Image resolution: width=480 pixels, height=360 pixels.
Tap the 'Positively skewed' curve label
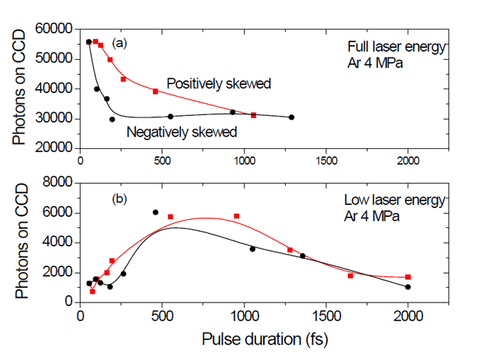click(x=218, y=83)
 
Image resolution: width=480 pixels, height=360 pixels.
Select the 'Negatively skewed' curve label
click(x=182, y=133)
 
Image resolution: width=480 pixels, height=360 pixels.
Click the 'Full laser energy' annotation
click(x=397, y=46)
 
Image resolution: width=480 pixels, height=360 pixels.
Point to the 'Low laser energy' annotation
click(x=396, y=200)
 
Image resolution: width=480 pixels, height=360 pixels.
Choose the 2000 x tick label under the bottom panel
click(x=408, y=316)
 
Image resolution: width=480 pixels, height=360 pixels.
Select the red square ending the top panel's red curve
click(x=254, y=115)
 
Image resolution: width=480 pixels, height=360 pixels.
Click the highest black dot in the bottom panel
click(x=156, y=212)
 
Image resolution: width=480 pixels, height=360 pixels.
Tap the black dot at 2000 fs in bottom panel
click(x=408, y=287)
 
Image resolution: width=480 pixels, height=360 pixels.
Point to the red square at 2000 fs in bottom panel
click(x=408, y=277)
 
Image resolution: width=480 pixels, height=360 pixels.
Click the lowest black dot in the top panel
click(x=112, y=119)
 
